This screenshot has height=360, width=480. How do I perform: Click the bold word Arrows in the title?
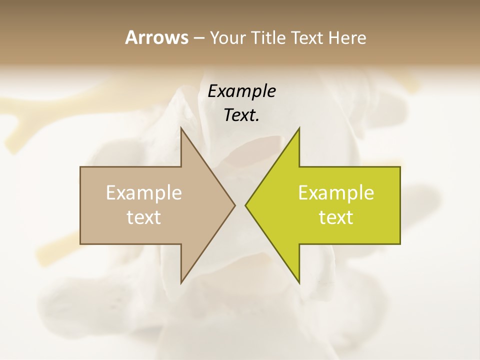click(x=156, y=37)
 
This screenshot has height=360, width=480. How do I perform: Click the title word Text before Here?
click(x=307, y=38)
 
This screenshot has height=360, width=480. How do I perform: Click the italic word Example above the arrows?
click(x=242, y=91)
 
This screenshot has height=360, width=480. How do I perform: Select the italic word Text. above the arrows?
click(x=242, y=115)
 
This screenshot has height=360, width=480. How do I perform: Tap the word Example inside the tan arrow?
click(x=144, y=193)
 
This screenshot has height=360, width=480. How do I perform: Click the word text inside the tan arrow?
click(x=144, y=217)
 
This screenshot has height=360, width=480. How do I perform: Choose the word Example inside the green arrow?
click(x=336, y=193)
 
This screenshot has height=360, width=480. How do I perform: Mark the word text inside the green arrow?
click(x=336, y=217)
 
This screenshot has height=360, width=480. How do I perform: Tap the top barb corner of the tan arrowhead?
click(x=181, y=128)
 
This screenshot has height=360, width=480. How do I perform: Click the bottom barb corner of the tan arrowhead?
click(x=181, y=282)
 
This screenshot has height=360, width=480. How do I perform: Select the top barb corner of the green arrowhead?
click(x=299, y=128)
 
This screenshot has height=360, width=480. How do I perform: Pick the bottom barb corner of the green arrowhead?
click(x=299, y=282)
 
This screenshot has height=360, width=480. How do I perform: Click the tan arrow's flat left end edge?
click(x=80, y=205)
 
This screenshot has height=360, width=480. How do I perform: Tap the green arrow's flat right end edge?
click(x=400, y=205)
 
